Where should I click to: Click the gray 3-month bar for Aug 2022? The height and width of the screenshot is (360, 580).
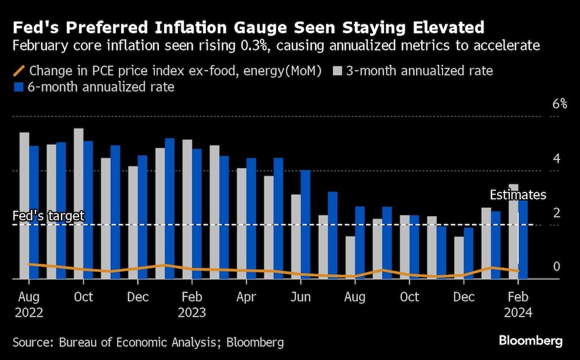24,205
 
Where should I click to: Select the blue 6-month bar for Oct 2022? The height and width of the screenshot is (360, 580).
88,209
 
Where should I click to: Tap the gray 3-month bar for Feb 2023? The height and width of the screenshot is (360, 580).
187,209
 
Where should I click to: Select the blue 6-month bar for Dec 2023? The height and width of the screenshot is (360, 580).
468,253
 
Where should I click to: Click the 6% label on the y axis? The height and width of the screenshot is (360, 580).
559,104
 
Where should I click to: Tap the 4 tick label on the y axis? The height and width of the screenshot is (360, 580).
556,159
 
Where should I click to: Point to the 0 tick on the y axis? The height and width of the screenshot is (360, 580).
556,267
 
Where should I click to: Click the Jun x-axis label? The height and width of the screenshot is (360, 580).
300,297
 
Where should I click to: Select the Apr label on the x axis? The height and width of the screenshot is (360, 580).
246,297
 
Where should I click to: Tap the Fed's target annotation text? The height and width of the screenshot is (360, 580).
49,216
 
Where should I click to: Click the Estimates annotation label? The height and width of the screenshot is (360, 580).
518,195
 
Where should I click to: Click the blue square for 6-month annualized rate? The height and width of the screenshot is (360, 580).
17,88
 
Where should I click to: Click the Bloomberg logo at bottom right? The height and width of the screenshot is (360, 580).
530,341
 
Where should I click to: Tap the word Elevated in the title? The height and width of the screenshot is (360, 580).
435,27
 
